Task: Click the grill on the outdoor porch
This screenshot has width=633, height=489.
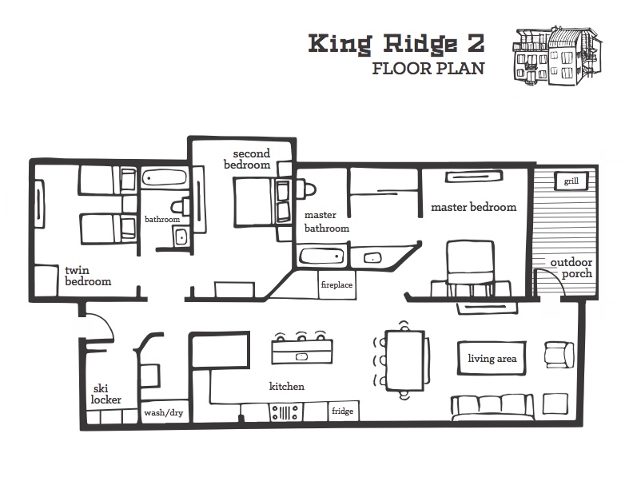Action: point(571,181)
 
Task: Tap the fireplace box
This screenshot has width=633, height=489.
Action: point(336,284)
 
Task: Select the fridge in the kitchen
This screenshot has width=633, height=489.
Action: point(343,411)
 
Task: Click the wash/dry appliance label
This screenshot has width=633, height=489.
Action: point(164,413)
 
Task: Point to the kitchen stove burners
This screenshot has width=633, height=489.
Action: point(285,412)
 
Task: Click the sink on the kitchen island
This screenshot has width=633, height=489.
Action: point(302,356)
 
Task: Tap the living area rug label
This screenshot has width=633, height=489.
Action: point(492,358)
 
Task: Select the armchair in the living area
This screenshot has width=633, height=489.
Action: point(559,355)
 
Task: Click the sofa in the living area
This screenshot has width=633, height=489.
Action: point(492,407)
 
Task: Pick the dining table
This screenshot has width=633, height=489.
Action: point(405,360)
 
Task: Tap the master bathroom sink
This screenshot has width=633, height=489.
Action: point(372,257)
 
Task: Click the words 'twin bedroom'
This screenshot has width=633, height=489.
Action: point(88,276)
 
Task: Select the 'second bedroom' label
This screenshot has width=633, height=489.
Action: point(247,159)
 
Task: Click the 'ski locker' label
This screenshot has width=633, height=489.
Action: point(105,394)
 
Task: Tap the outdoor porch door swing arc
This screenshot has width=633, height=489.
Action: point(555,278)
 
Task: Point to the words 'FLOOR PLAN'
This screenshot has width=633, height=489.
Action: point(428,69)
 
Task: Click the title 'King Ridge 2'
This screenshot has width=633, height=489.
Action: point(396,44)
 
